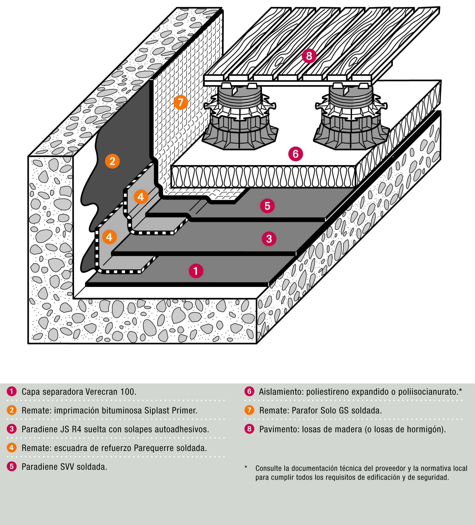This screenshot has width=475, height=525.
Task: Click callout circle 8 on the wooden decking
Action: [309, 56]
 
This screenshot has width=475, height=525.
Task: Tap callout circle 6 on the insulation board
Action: [296, 154]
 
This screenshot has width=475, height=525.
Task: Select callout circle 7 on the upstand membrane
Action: [180, 102]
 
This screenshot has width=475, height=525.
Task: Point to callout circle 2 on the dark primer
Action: [112, 161]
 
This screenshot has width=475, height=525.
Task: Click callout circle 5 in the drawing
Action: [267, 206]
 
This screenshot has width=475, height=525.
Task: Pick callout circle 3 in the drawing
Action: [269, 239]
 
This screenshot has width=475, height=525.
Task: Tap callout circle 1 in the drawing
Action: [196, 271]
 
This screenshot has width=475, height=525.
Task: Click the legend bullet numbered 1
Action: [12, 391]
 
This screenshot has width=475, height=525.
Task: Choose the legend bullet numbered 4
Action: [12, 448]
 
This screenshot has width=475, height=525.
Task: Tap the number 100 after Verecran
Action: [128, 392]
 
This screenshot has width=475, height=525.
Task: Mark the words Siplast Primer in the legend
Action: [171, 411]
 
